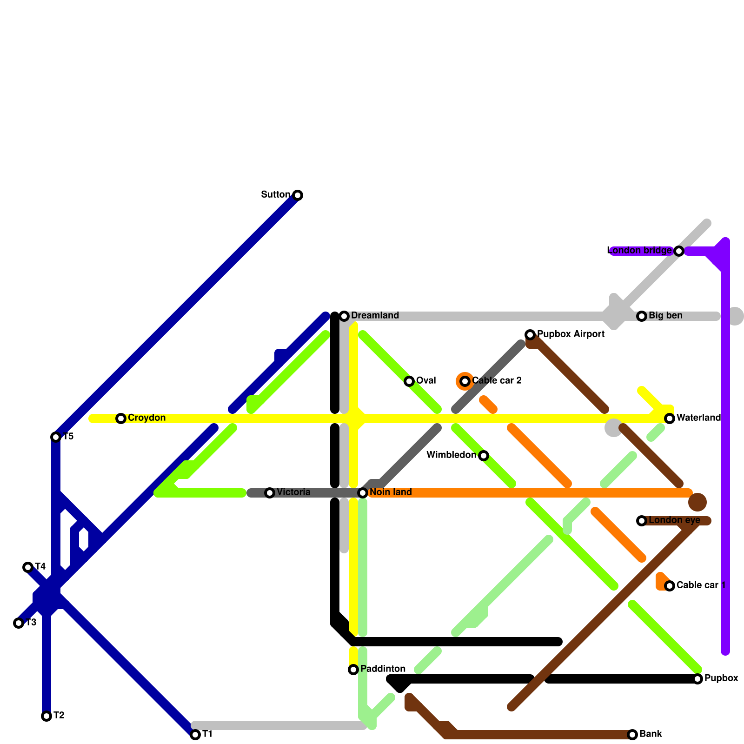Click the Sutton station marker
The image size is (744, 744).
pyautogui.click(x=298, y=195)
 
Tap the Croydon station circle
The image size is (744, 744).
pyautogui.click(x=121, y=418)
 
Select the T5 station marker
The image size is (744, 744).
pyautogui.click(x=56, y=437)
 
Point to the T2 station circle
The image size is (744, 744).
pyautogui.click(x=46, y=716)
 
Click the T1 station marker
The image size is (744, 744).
pyautogui.click(x=195, y=735)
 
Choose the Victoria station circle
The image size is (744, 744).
pyautogui.click(x=270, y=493)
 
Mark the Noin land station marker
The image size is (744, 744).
pyautogui.click(x=363, y=493)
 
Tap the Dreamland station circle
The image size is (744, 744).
pyautogui.click(x=344, y=316)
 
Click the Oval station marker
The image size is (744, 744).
pyautogui.click(x=409, y=381)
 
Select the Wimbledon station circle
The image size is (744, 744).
pyautogui.click(x=484, y=456)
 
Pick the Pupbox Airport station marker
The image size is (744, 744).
pyautogui.click(x=530, y=335)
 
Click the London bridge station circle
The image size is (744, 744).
pyautogui.click(x=679, y=251)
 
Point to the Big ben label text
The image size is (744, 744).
pyautogui.click(x=665, y=316)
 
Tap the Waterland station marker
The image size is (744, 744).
pyautogui.click(x=670, y=418)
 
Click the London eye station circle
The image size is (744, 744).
pyautogui.click(x=642, y=521)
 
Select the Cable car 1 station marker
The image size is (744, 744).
pyautogui.click(x=670, y=586)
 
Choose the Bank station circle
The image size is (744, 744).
pyautogui.click(x=632, y=735)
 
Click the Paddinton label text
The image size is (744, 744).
pyautogui.click(x=383, y=669)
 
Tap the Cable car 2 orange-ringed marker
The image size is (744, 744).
pyautogui.click(x=465, y=381)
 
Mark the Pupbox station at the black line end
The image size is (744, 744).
pyautogui.click(x=697, y=679)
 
